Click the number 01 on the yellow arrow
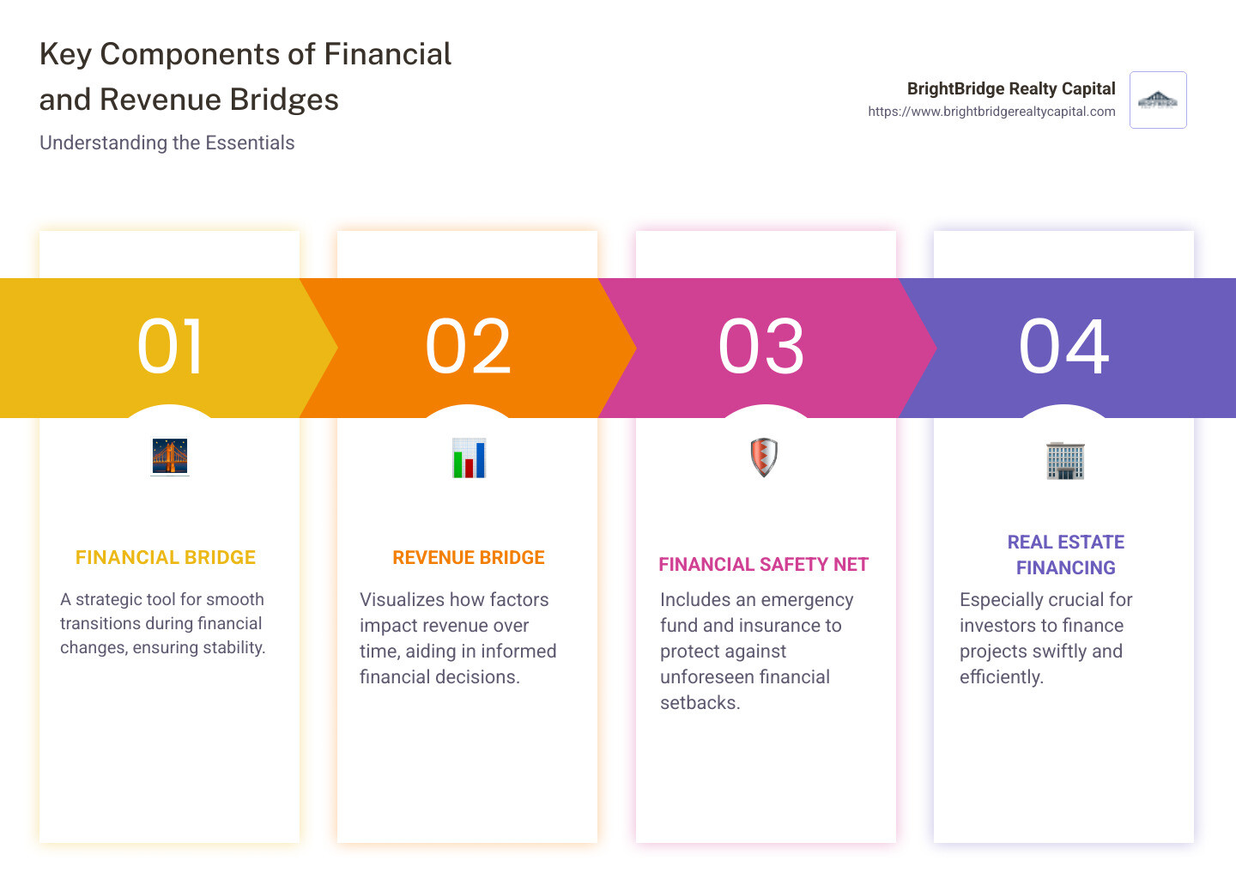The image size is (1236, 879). [170, 347]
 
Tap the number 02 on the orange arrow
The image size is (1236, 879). [468, 347]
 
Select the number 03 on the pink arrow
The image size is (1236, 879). [761, 347]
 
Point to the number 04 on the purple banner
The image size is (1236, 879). [1063, 347]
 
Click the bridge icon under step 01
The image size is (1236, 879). [170, 457]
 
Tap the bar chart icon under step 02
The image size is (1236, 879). [469, 458]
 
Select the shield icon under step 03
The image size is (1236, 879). [764, 457]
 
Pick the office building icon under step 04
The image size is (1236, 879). [1065, 460]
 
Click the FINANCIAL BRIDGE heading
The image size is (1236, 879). [166, 558]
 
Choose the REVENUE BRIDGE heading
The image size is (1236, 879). [469, 558]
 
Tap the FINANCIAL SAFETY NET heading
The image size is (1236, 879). [763, 565]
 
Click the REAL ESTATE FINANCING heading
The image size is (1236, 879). [1065, 555]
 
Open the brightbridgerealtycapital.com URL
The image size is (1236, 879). [991, 112]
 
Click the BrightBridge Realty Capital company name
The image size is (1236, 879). [1011, 88]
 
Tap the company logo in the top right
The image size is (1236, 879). [1158, 100]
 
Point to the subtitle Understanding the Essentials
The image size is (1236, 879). [167, 143]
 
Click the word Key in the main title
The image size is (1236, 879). [65, 55]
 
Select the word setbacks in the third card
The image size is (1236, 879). [699, 703]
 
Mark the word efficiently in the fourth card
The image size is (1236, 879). [1001, 677]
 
